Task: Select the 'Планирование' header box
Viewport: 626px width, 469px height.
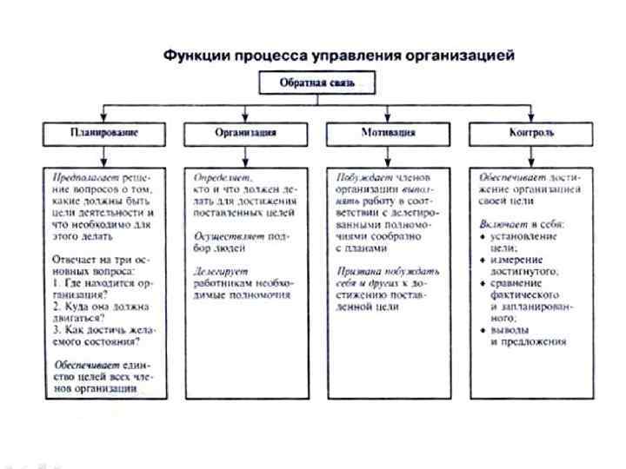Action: coord(103,133)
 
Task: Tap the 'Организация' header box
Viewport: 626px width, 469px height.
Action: coord(246,133)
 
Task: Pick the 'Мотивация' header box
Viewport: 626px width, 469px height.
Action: coord(388,133)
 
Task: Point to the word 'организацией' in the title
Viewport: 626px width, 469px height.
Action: coord(464,56)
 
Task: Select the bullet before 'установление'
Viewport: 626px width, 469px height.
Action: coord(483,235)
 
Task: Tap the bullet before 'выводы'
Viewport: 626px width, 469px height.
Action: coord(483,330)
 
